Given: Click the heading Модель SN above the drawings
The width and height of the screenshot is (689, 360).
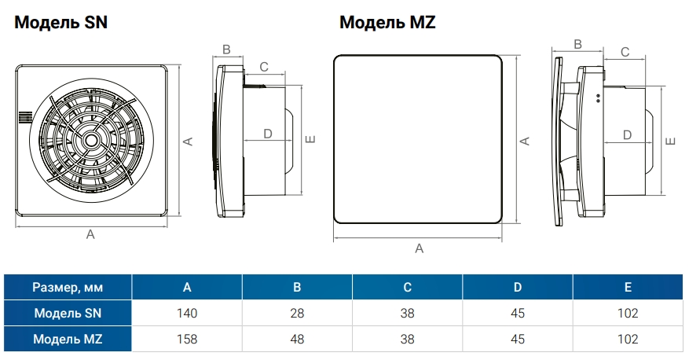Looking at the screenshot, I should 60,22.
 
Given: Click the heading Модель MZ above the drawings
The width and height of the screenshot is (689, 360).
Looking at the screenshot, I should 387,22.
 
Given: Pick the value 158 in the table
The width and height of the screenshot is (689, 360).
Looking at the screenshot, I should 187,340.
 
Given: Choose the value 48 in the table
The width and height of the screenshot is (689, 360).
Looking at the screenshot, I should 297,340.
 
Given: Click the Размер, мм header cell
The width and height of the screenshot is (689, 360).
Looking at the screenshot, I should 68,287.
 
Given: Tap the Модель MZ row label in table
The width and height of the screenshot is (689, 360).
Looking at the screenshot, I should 68,340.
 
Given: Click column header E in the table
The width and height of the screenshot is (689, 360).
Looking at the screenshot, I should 628,287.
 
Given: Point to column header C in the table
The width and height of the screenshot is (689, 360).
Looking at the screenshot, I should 407,287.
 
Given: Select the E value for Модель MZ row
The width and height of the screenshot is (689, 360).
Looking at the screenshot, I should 628,340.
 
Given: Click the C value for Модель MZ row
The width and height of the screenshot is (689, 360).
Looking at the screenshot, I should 407,340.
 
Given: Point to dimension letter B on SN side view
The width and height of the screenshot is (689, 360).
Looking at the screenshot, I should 226,50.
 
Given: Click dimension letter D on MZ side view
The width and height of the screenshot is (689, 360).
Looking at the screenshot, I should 627,134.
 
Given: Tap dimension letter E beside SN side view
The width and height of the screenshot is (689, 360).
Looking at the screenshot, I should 310,140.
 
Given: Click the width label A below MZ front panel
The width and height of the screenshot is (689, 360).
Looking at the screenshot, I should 419,248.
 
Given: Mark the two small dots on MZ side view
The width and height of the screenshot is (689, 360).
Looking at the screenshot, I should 598,98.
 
